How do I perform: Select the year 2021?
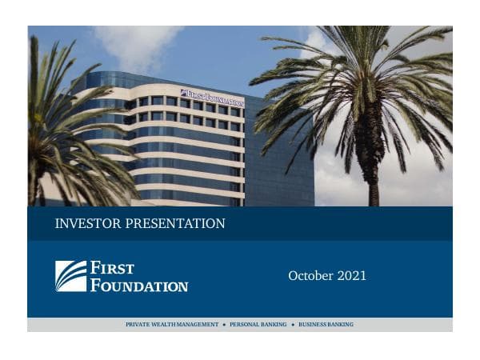352,276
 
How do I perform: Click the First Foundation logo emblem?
70,276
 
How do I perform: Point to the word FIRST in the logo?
112,268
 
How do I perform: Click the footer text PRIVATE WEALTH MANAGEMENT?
172,325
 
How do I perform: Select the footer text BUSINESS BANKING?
326,325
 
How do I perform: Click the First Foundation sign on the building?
212,98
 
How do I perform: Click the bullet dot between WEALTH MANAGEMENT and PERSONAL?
224,325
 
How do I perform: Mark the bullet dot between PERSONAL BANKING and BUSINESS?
293,325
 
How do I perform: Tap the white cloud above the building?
136,44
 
